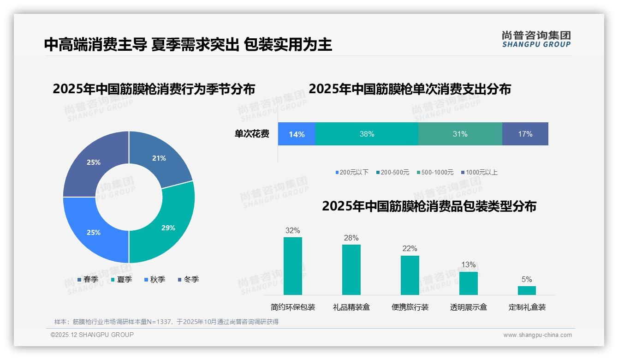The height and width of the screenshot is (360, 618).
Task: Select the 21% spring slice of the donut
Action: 160,158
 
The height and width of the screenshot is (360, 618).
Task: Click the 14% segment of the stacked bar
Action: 297,134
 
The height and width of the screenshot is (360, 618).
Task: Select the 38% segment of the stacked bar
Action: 367,134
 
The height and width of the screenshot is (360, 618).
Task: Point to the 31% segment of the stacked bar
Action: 460,134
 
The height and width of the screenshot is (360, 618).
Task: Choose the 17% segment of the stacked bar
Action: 525,134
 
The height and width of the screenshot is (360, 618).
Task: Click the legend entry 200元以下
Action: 352,172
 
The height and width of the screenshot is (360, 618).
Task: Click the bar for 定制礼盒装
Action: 527,290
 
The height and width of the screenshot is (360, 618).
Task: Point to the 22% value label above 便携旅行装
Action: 410,249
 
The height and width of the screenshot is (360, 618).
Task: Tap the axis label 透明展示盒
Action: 468,307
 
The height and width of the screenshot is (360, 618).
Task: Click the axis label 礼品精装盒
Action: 351,307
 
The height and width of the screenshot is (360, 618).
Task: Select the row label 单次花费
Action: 252,134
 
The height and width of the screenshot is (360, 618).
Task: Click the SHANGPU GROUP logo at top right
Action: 536,39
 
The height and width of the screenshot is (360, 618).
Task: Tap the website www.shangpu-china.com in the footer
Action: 537,335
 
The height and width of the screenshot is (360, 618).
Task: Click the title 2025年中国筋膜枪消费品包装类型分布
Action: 429,206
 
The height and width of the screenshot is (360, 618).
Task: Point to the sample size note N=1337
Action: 166,322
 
